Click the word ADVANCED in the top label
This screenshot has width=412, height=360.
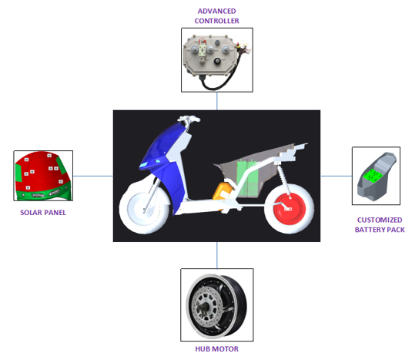[216, 12]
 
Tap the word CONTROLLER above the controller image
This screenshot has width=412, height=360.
[216, 21]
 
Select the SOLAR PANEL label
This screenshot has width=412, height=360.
[43, 213]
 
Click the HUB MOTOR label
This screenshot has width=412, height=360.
[216, 349]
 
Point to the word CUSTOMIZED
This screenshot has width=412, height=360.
[380, 220]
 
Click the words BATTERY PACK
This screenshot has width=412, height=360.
[380, 230]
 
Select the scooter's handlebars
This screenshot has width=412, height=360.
[189, 119]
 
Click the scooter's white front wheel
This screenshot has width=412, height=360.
[144, 207]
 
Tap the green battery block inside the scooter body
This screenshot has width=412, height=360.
[247, 179]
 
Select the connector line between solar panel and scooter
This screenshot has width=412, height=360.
[93, 176]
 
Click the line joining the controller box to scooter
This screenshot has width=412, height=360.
[216, 101]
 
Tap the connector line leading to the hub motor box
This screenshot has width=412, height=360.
[216, 255]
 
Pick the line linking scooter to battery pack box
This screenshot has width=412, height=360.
[337, 176]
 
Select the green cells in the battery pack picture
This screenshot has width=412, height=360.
[372, 176]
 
